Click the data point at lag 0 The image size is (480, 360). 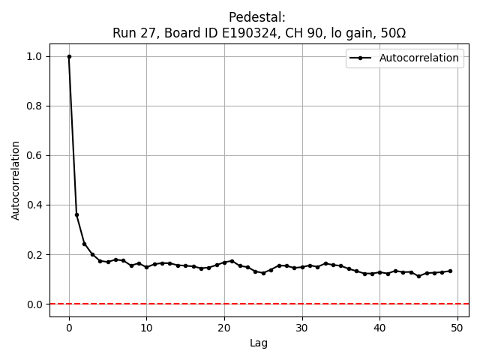tap(69, 56)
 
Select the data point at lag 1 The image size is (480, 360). tap(76, 214)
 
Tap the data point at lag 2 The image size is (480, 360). tap(85, 244)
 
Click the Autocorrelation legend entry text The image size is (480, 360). tap(419, 58)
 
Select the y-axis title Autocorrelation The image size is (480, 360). tap(16, 180)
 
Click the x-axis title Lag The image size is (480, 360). tap(259, 343)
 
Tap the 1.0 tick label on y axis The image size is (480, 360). tap(35, 56)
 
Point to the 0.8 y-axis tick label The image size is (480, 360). tap(35, 106)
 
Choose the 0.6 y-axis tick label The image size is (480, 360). tap(35, 155)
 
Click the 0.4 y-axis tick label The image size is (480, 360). tap(35, 205)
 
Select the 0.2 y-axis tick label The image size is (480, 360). tap(35, 254)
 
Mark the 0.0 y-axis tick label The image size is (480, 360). tap(35, 304)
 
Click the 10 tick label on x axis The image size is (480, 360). tap(146, 327)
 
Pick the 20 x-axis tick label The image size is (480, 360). tap(224, 327)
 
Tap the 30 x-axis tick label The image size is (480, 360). tap(302, 327)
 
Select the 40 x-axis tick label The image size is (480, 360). tap(379, 327)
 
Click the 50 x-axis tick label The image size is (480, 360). tap(457, 327)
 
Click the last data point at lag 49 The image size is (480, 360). tap(450, 271)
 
